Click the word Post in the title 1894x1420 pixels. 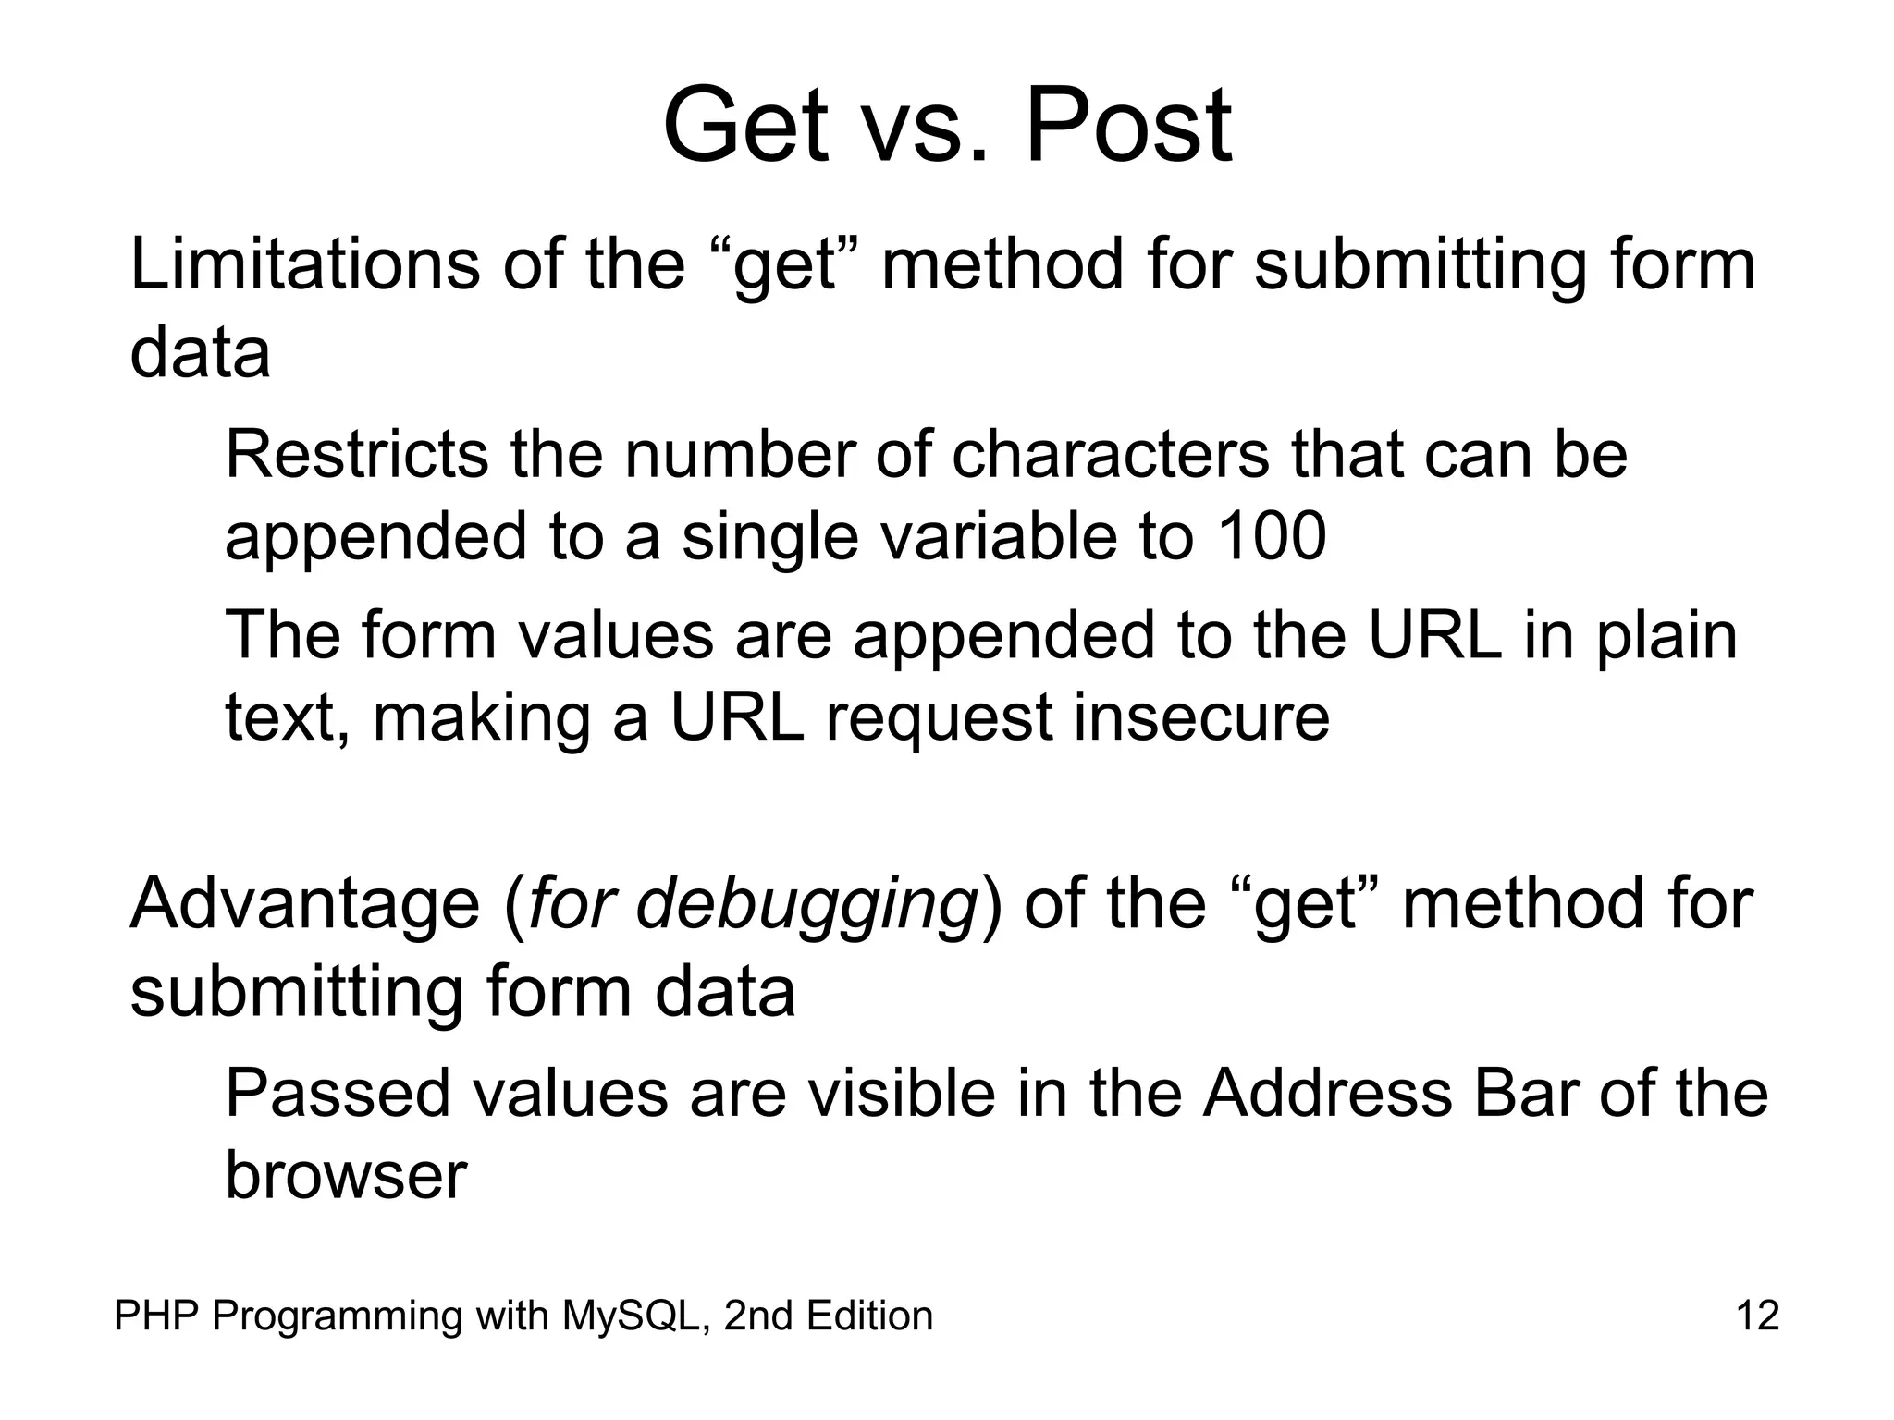tap(1128, 127)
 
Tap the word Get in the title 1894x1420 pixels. tap(744, 127)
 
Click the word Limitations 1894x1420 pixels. tap(304, 265)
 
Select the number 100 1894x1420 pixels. tap(1272, 536)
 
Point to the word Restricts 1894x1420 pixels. tap(356, 455)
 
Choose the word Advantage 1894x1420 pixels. tap(304, 903)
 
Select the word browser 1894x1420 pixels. tap(346, 1176)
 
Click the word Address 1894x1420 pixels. tap(1326, 1094)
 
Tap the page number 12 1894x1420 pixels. tap(1757, 1316)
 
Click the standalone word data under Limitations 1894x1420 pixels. tap(200, 353)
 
